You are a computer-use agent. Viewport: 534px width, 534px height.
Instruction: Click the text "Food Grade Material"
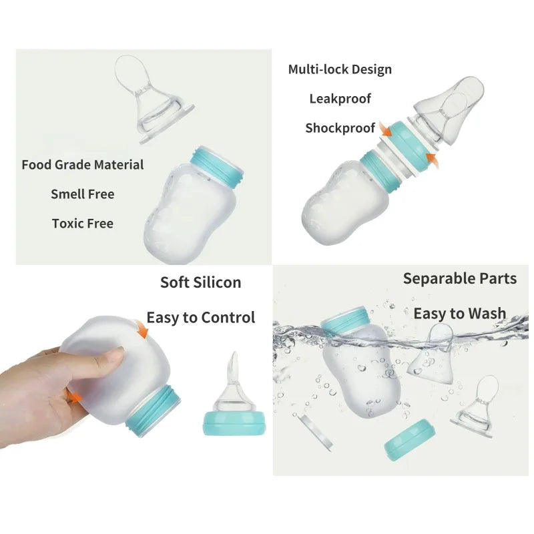click(83, 164)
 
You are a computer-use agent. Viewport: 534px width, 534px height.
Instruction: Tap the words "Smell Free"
click(83, 194)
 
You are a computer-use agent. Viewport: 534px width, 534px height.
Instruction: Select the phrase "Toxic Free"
click(83, 224)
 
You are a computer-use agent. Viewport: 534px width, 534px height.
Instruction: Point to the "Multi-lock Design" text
click(340, 69)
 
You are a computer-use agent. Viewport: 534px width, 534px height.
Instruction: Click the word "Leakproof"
click(340, 99)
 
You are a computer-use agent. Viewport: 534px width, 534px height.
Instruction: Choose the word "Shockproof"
click(340, 128)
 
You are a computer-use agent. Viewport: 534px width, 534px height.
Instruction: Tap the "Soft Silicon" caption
click(200, 282)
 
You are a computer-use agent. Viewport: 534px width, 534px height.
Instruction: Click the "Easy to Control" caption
click(200, 318)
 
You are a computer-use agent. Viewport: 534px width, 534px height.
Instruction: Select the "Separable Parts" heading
click(459, 278)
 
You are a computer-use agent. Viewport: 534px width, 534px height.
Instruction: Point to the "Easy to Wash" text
click(459, 313)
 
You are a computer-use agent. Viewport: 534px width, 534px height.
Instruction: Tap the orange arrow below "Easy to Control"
click(141, 328)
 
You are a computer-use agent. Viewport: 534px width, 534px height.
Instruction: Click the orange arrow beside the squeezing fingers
click(74, 396)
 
